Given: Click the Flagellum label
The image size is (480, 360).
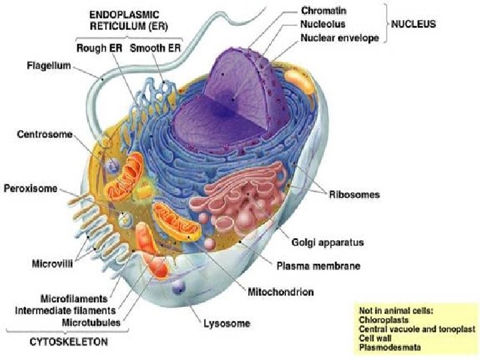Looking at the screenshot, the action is point(49,66).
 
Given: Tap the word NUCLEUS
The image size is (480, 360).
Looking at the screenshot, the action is point(413,24).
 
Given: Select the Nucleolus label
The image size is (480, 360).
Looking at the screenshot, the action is point(323,24).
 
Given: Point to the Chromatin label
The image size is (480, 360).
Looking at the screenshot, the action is point(323,11).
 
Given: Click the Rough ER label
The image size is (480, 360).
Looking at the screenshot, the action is point(99,48).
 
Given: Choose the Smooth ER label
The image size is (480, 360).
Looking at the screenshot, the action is point(155,48).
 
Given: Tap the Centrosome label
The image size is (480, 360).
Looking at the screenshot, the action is point(45,135).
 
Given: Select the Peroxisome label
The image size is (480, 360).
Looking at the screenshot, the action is point(30,188).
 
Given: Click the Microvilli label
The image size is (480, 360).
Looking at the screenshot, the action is point(53,263).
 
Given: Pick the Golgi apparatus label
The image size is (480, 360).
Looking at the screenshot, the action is point(327,243).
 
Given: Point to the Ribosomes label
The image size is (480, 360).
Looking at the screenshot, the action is point(354,195).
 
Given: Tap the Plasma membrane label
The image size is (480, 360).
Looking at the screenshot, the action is point(319,266).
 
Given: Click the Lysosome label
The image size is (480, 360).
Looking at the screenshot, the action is point(227,323).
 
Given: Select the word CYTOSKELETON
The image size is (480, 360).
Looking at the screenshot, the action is point(69,341).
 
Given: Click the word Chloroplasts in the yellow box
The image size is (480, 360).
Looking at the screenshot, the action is point(383,320).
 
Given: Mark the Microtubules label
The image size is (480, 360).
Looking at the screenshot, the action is point(91,323).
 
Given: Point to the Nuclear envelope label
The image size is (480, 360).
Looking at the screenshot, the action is point(340,38).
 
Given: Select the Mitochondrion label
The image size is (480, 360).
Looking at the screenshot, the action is point(281,292).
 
